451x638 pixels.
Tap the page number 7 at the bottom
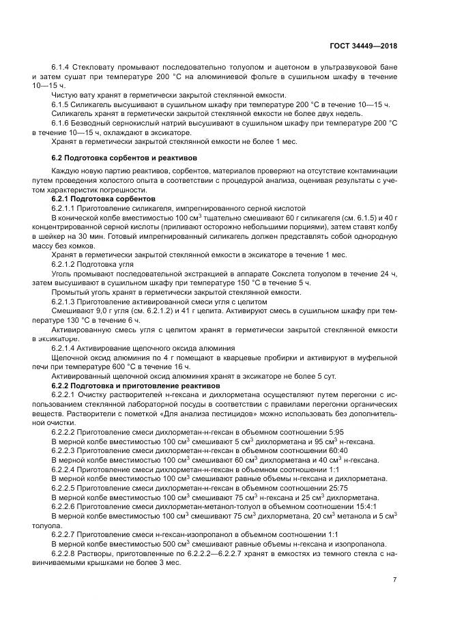[394, 579]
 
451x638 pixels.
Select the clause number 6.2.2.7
[66, 534]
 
